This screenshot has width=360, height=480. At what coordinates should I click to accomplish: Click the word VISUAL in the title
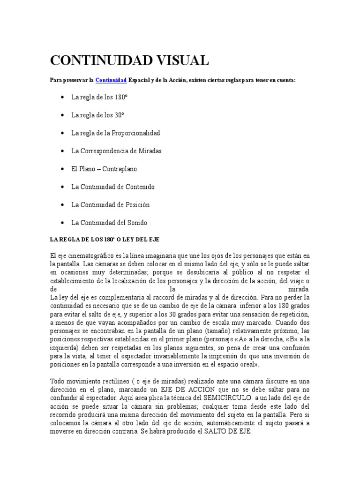click(x=178, y=60)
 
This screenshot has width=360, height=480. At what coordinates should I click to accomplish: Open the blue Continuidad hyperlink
click(x=111, y=81)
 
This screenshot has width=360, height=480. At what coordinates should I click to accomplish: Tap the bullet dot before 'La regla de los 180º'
click(x=63, y=97)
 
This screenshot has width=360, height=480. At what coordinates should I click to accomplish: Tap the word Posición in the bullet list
click(x=137, y=205)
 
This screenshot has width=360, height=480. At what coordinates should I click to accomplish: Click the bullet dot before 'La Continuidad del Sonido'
click(x=63, y=223)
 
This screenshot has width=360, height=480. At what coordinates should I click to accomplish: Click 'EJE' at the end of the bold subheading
click(x=154, y=239)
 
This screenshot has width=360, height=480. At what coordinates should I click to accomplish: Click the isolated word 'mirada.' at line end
click(x=299, y=289)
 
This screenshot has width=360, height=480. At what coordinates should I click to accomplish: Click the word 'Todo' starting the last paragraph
click(x=57, y=381)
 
